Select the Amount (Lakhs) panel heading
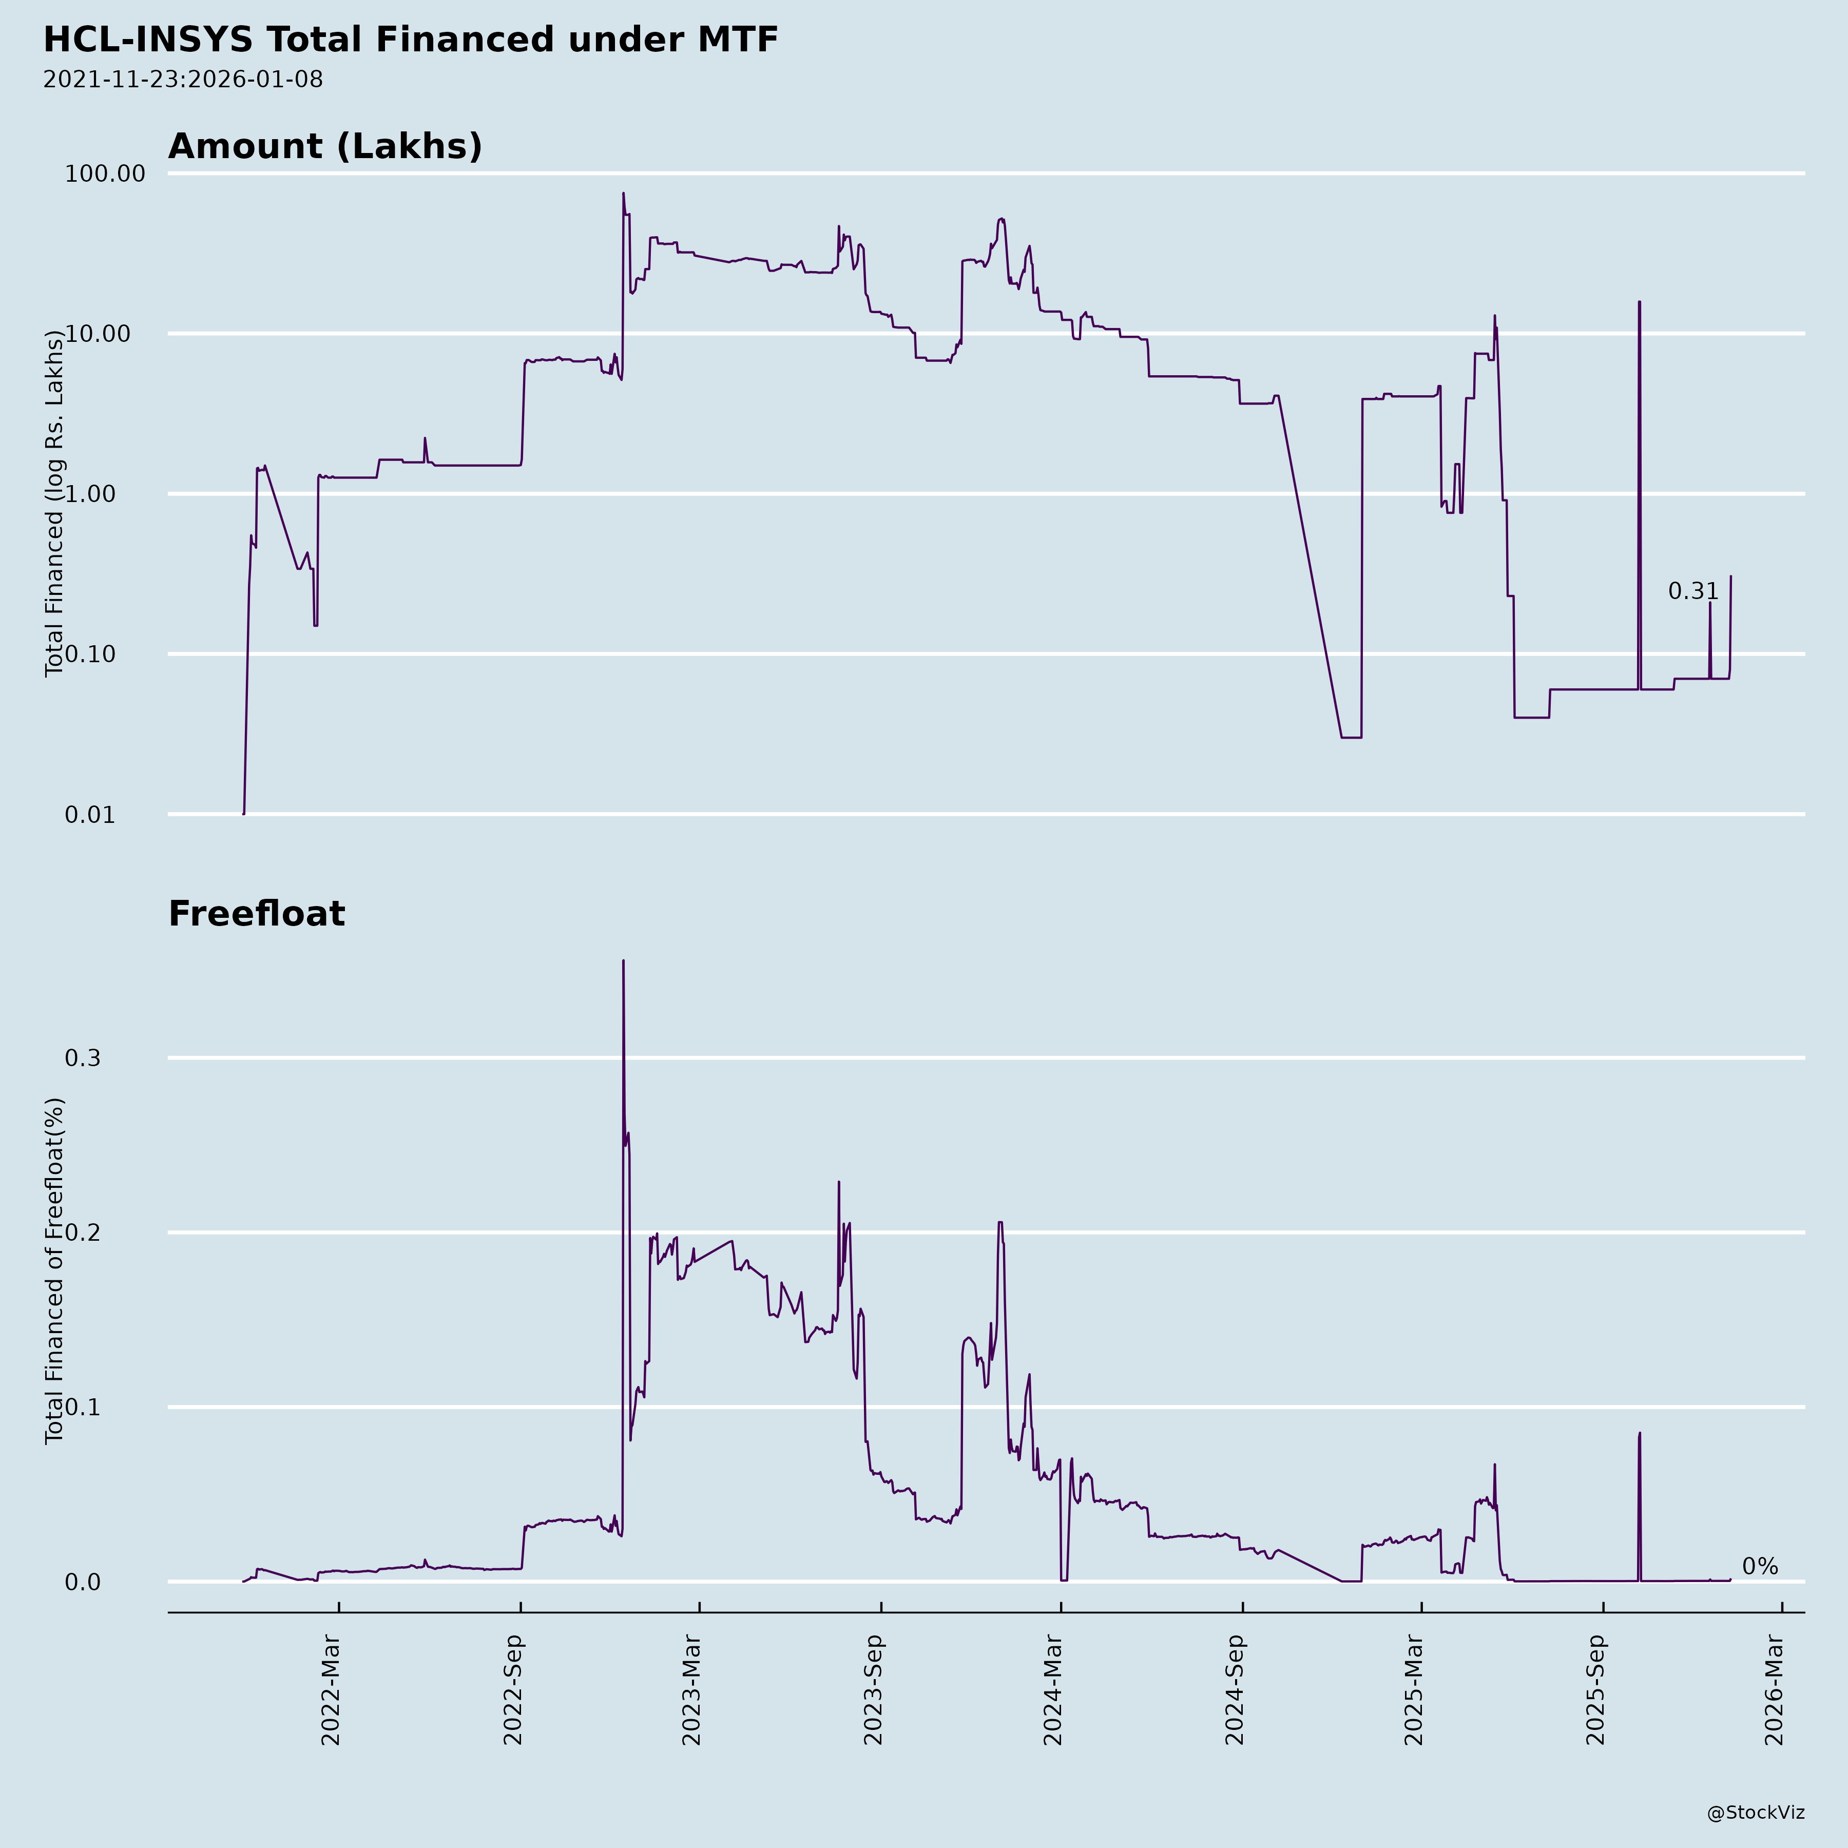(x=325, y=146)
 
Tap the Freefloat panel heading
(x=256, y=914)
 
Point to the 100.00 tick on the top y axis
(x=105, y=174)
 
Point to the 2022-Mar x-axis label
(x=331, y=1690)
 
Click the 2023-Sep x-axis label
(x=873, y=1690)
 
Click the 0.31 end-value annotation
(x=1693, y=592)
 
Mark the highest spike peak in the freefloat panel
(x=624, y=961)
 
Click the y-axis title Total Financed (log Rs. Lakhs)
(x=54, y=503)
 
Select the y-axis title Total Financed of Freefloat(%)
(x=54, y=1271)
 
